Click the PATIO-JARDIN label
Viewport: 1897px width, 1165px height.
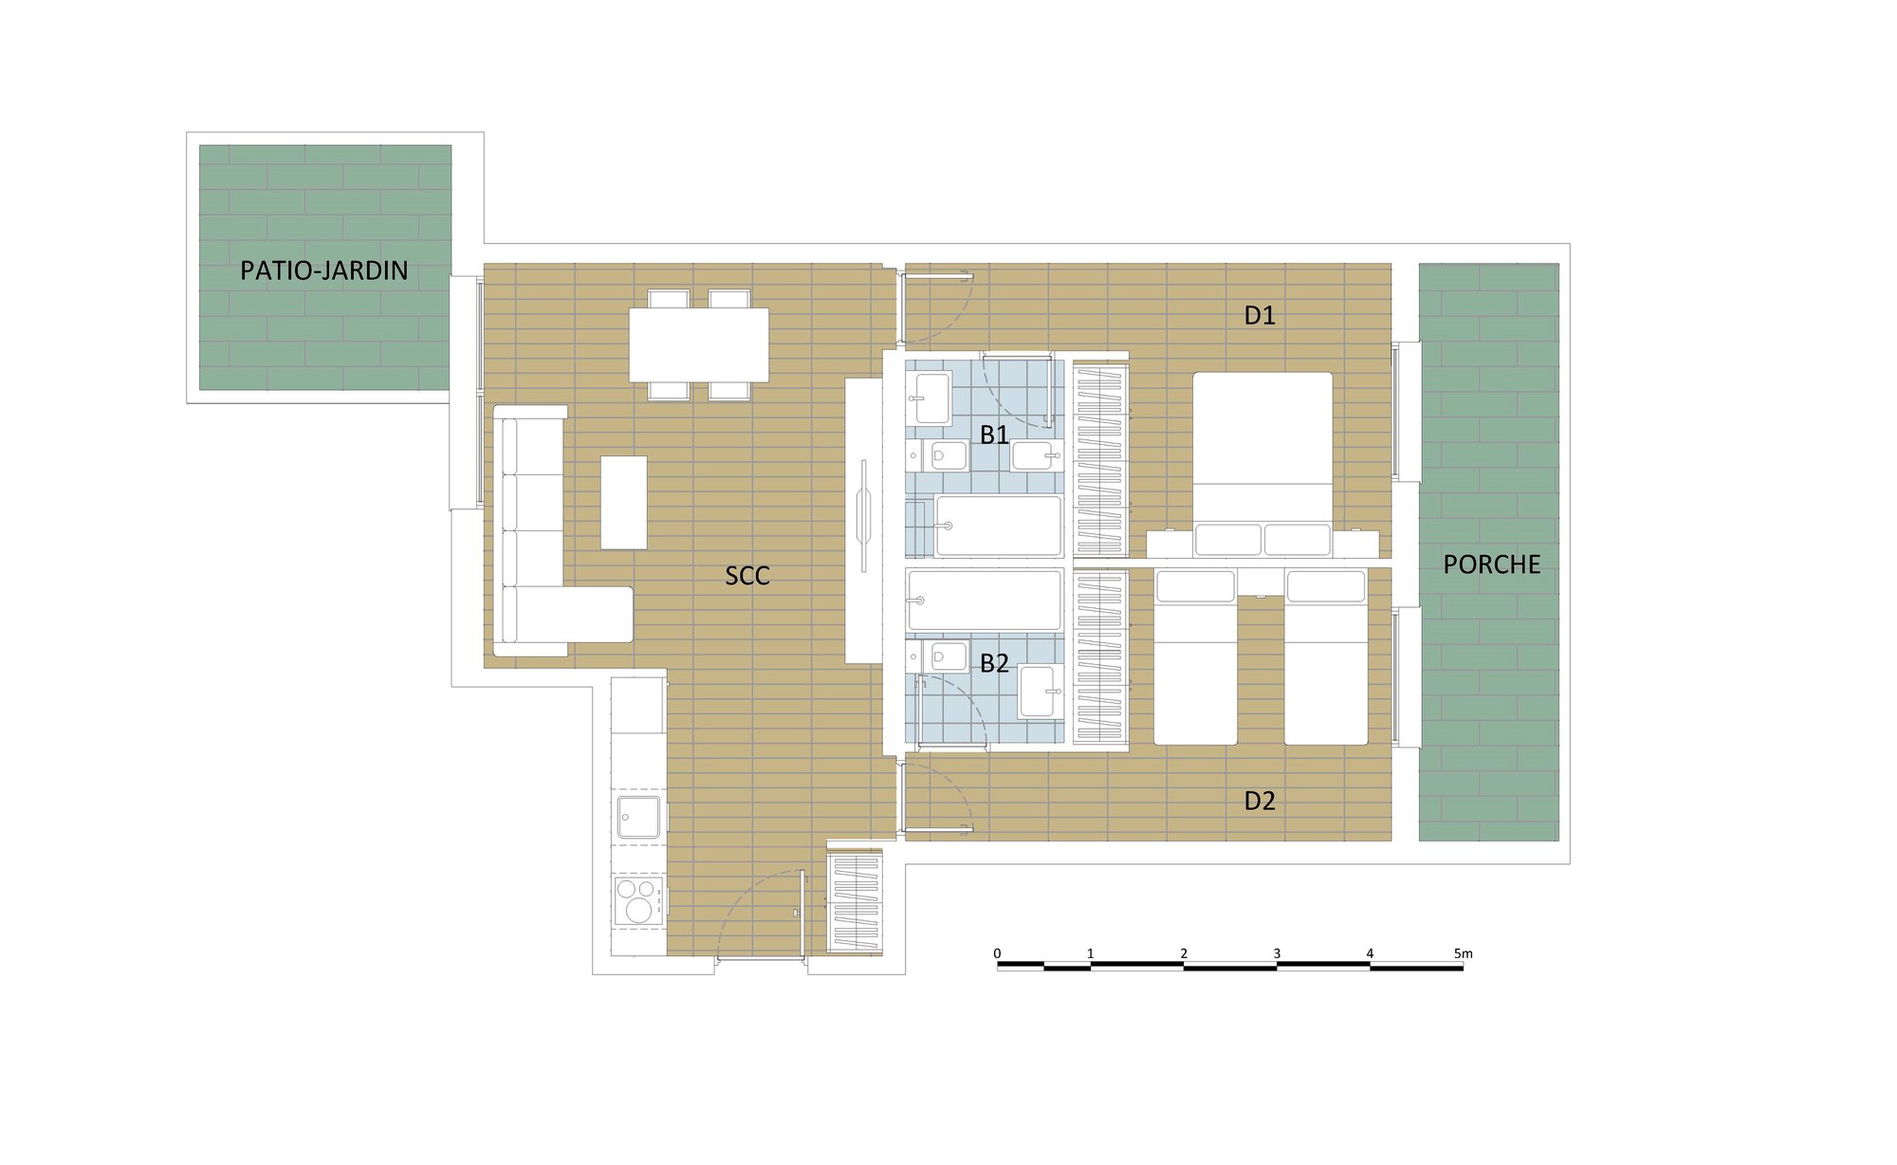(323, 270)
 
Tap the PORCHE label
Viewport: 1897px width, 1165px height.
(1491, 564)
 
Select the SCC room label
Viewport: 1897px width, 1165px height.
(747, 575)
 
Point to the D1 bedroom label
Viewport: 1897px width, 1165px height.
(1260, 315)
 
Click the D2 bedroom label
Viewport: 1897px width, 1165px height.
(1260, 801)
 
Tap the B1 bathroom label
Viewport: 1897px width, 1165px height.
(994, 435)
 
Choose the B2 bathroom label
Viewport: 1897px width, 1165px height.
(994, 662)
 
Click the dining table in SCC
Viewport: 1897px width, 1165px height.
(699, 344)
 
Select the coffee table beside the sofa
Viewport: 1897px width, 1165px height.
(624, 503)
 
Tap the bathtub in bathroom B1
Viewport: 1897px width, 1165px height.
(998, 526)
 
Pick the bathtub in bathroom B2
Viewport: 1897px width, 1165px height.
(984, 601)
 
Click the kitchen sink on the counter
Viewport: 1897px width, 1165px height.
(638, 817)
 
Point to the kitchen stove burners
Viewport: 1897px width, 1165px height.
(637, 900)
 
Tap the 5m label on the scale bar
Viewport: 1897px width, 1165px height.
(1464, 953)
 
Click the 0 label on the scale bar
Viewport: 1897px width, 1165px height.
(997, 953)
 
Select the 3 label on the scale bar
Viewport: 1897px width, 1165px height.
(1277, 953)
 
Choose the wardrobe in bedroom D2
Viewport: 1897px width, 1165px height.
(1100, 656)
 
